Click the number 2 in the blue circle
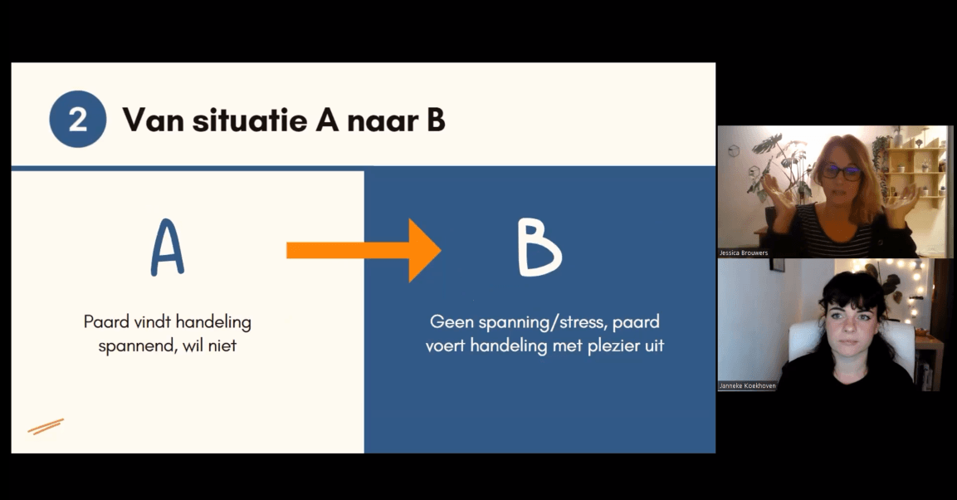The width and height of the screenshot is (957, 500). coord(77,119)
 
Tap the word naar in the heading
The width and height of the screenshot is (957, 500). coord(383,121)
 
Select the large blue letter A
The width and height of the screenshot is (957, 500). coord(167,248)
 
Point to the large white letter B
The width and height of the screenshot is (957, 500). coord(539,248)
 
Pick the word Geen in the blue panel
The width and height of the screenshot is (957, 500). coord(452,321)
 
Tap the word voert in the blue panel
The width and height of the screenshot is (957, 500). coord(446,346)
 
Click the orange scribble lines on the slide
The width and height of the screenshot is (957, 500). coord(46,426)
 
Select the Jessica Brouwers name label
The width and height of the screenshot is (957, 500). coord(744,252)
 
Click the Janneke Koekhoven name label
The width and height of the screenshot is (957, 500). coord(748,386)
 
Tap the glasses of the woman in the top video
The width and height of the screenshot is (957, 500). coord(842,172)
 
